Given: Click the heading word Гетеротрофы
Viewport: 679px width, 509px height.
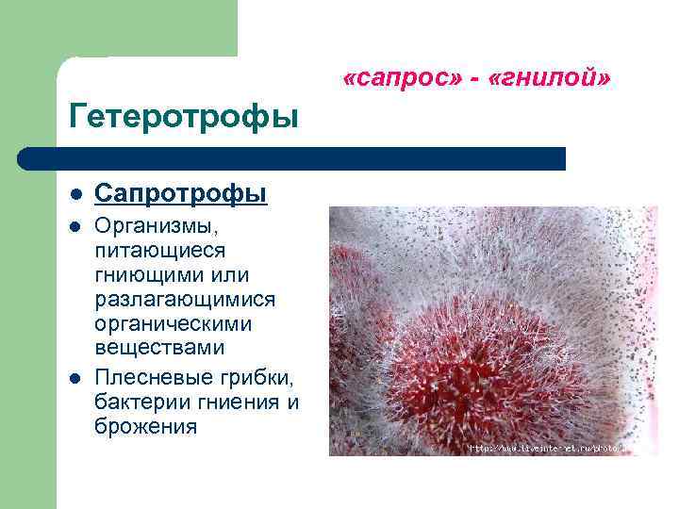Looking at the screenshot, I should [x=184, y=118].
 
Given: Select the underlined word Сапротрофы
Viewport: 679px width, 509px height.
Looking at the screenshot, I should [x=181, y=194].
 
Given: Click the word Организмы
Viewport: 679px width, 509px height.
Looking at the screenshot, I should [x=159, y=229].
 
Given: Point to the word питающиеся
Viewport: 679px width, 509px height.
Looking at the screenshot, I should [x=159, y=251].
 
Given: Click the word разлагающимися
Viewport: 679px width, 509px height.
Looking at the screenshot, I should [x=186, y=300].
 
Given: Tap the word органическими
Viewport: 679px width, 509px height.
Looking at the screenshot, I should [x=174, y=324].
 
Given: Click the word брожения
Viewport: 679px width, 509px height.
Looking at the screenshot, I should [x=146, y=426].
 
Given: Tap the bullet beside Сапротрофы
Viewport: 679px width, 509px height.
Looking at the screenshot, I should [x=74, y=195].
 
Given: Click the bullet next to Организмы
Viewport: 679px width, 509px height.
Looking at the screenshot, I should [x=74, y=229].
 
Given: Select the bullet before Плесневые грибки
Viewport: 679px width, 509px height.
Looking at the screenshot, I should [x=74, y=380].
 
